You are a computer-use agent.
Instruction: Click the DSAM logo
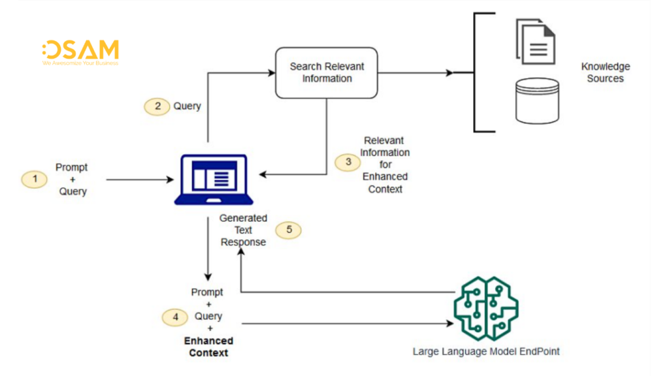(80, 53)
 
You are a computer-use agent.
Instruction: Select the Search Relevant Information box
(327, 72)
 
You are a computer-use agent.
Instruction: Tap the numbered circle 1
(35, 179)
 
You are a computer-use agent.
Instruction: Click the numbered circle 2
(157, 106)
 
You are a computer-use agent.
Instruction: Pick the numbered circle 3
(348, 162)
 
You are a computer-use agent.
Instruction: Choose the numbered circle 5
(289, 230)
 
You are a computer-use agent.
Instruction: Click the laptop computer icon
(210, 180)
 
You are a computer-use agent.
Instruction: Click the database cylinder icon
(537, 101)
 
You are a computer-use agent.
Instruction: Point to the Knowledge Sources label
(605, 72)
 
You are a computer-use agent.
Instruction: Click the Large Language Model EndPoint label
(486, 352)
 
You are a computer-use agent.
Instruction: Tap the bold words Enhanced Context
(208, 347)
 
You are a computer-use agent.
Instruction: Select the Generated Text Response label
(243, 230)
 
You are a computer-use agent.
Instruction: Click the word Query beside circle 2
(187, 106)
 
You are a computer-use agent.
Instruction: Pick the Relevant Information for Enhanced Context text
(385, 164)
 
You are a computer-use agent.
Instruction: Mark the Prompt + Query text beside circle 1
(72, 180)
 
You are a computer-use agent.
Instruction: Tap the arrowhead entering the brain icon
(449, 322)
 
